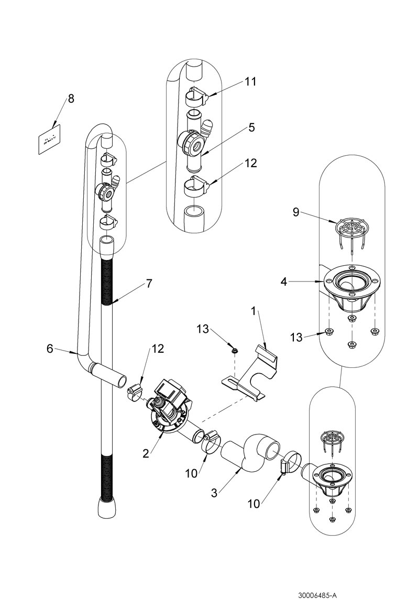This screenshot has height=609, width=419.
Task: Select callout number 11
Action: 251,82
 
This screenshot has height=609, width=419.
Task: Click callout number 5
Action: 251,127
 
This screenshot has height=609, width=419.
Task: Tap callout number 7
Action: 149,284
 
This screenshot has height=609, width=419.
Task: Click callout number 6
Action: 50,348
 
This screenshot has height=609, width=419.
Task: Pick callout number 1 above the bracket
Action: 253,311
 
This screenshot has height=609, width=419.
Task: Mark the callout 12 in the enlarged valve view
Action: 251,163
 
